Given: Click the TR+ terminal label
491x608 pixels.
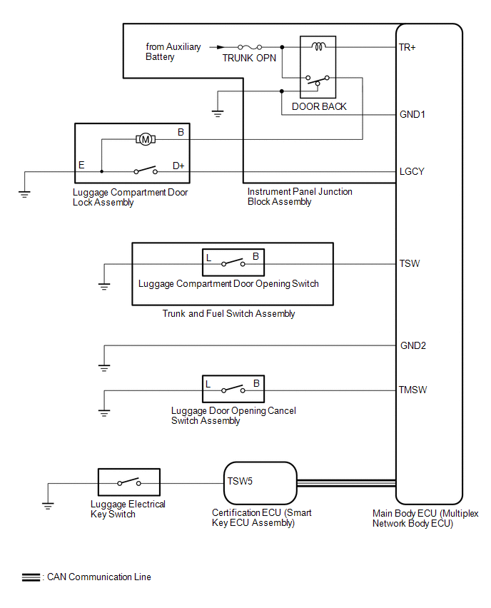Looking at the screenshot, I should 408,48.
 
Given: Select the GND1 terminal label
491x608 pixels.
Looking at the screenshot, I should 413,114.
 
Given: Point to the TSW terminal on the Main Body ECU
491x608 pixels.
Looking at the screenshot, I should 410,263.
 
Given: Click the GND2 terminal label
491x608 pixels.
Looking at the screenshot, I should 413,346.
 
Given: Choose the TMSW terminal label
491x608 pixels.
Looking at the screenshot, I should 413,390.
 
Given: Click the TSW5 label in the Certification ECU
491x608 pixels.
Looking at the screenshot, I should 240,481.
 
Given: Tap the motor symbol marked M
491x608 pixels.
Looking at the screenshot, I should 146,140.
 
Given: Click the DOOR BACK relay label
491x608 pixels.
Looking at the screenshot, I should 319,106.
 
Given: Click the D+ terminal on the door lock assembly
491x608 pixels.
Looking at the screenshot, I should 178,166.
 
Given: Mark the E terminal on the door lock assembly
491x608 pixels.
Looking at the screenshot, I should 81,166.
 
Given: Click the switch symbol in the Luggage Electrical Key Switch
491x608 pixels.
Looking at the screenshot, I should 128,484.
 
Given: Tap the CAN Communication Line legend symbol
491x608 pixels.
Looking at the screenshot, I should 31,577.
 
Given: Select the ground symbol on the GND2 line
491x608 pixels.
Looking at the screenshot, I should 104,368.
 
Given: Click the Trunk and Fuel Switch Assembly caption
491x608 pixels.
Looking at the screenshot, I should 228,314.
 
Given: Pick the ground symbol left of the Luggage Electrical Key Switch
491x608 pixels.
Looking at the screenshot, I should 48,506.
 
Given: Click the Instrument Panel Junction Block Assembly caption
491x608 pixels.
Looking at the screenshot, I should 300,197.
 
